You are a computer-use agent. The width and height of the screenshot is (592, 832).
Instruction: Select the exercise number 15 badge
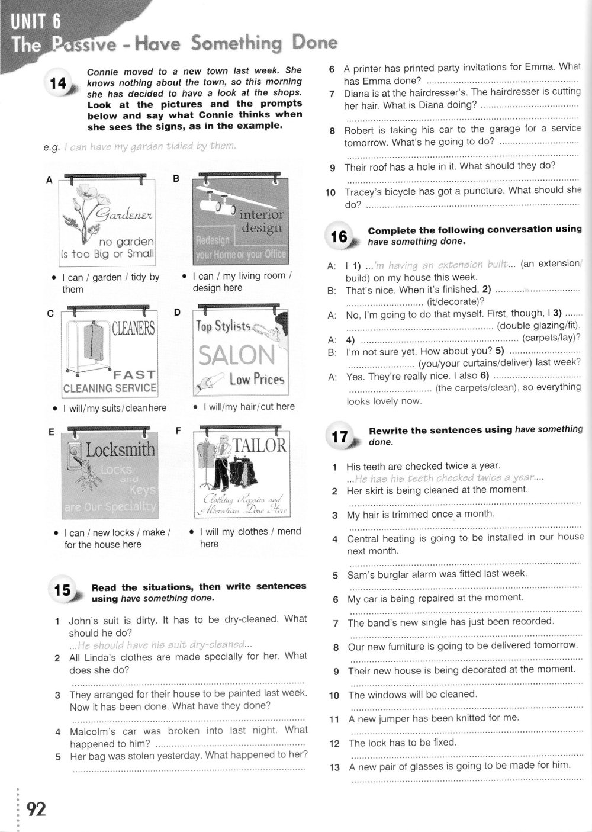[62, 590]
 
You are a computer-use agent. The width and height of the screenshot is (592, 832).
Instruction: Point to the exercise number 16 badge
[340, 236]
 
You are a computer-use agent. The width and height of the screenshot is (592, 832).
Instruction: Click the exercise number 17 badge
[340, 437]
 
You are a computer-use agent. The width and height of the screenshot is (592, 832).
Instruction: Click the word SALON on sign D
[237, 355]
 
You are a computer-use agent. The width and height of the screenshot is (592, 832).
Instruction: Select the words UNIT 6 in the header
[36, 23]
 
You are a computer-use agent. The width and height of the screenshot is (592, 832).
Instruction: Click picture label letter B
[176, 178]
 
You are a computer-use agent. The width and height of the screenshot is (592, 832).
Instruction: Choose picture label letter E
[51, 432]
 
